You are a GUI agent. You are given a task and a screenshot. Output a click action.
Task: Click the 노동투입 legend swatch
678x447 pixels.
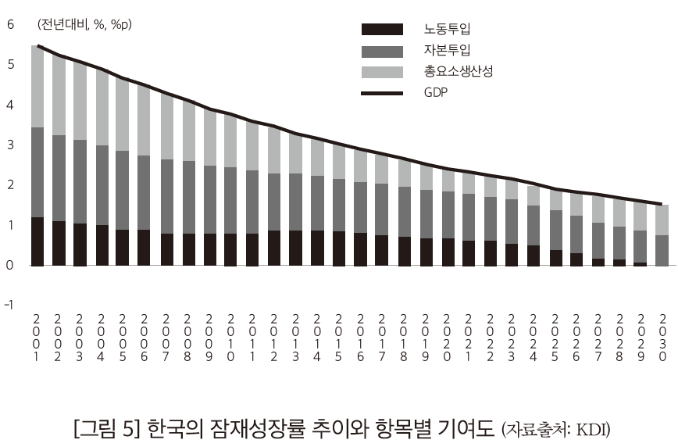pyautogui.click(x=382, y=30)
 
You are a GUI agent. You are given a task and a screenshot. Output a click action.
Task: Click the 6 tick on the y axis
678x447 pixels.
pyautogui.click(x=10, y=24)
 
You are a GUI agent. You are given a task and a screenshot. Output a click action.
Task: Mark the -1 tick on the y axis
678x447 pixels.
pyautogui.click(x=9, y=306)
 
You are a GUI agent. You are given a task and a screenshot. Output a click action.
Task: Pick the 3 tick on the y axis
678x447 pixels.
pyautogui.click(x=10, y=145)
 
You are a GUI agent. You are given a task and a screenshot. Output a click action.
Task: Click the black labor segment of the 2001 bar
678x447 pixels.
pyautogui.click(x=37, y=241)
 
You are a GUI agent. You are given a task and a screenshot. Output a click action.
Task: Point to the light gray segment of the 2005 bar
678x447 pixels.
pyautogui.click(x=123, y=114)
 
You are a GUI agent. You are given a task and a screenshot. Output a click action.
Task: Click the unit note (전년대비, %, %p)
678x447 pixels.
pyautogui.click(x=84, y=25)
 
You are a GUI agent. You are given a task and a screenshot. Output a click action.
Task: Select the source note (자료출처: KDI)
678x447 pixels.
pyautogui.click(x=555, y=429)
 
